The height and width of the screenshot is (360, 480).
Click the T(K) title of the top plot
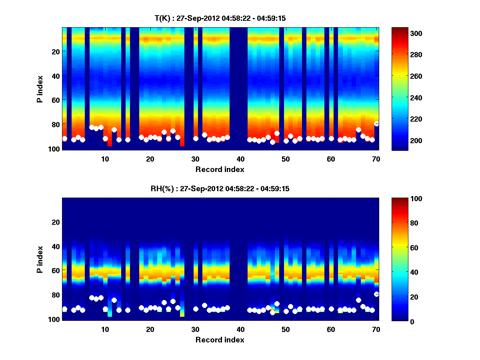tap(220, 18)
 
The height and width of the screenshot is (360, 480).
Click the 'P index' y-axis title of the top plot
tap(40, 89)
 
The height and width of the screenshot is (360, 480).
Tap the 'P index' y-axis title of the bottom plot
tap(40, 260)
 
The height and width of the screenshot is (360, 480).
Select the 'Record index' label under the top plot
tap(220, 169)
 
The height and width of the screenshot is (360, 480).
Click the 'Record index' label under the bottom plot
tap(220, 340)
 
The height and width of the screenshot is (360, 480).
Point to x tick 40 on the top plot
tap(240, 159)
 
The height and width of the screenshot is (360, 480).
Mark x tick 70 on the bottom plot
tap(376, 329)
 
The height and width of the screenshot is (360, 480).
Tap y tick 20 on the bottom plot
tap(55, 222)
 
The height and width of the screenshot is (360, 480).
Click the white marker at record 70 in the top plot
tap(376, 124)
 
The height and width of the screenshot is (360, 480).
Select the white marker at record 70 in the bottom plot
tap(376, 294)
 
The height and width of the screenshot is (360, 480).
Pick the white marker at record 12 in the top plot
tap(114, 130)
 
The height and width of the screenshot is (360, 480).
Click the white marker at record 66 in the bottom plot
tap(358, 300)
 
